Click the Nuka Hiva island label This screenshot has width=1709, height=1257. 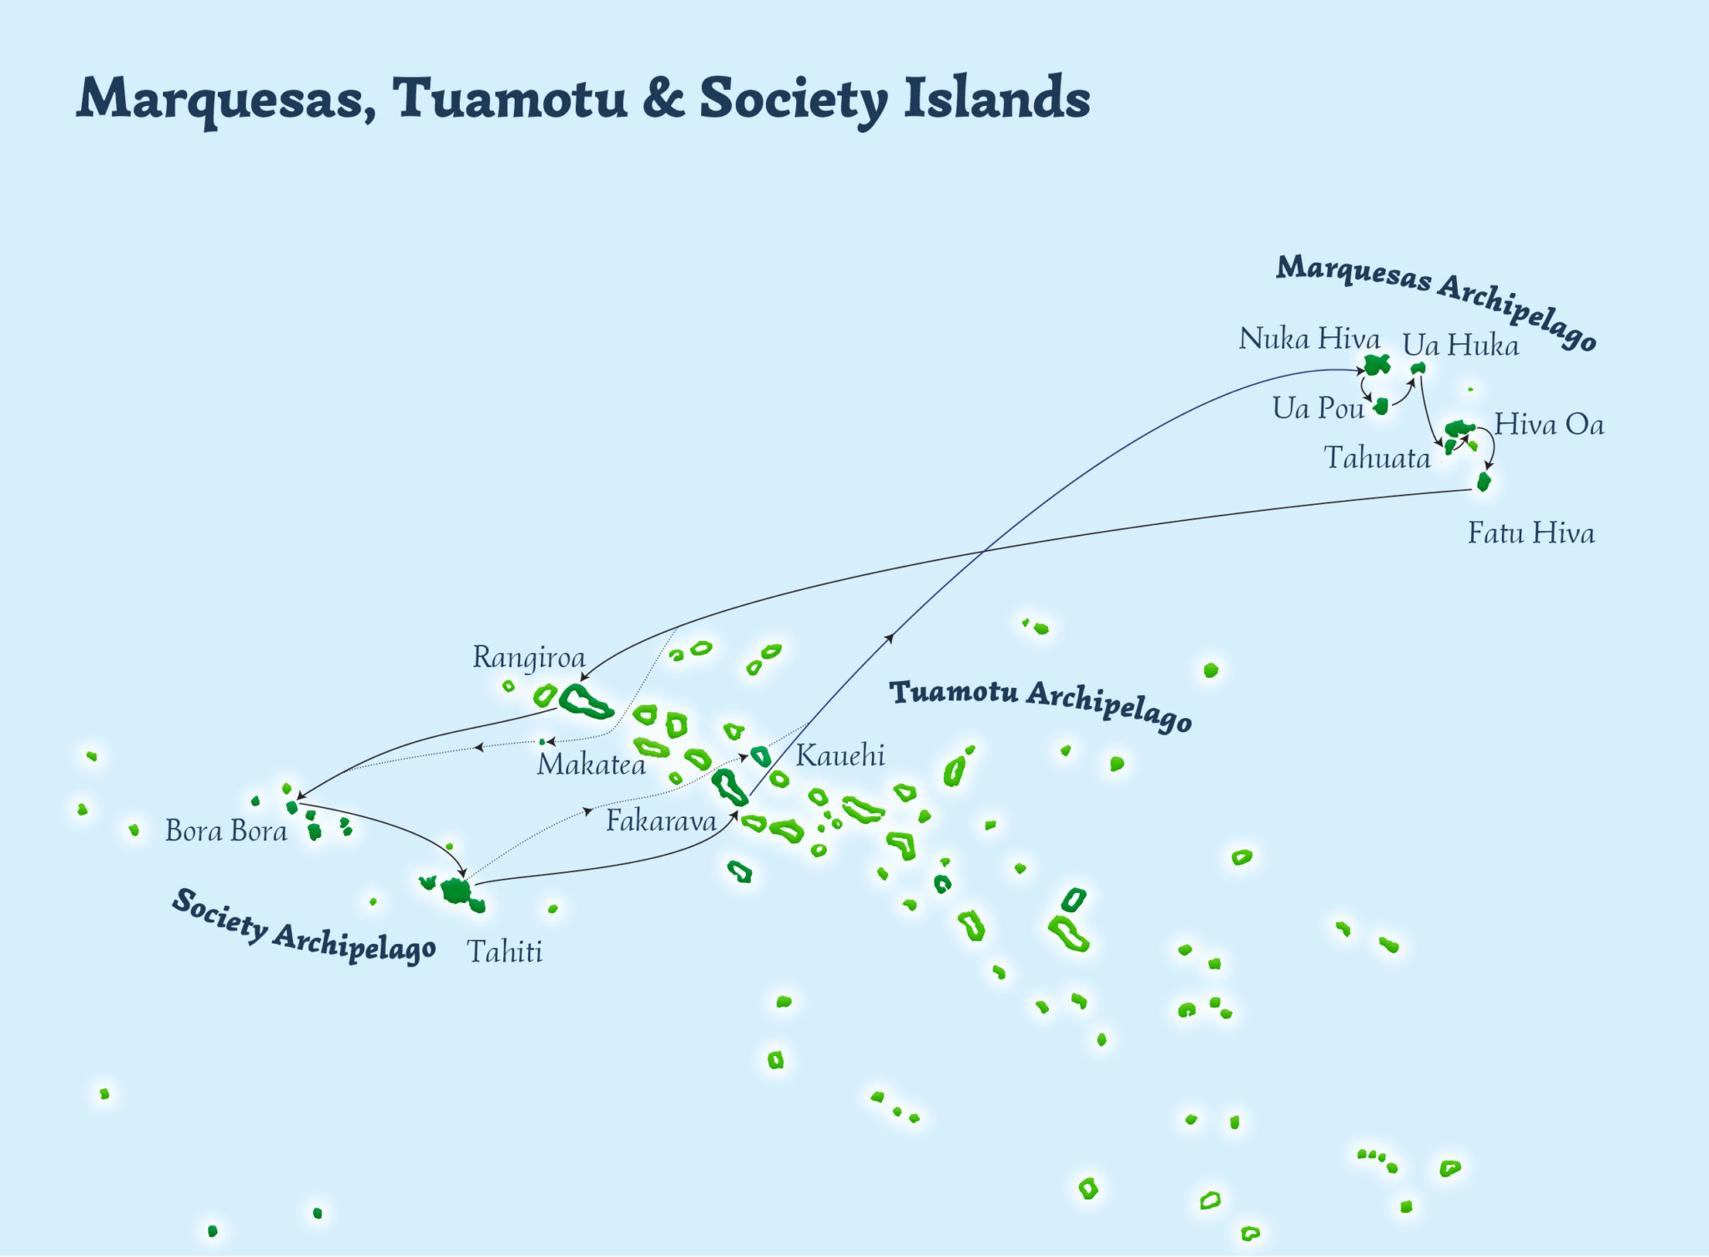pos(1308,339)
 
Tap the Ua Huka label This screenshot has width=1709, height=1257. pos(1460,346)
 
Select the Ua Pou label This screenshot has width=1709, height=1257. pos(1318,408)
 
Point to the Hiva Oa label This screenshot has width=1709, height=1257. pos(1549,425)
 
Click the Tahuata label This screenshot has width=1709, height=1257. pos(1377,458)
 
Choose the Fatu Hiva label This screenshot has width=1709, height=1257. pos(1531,533)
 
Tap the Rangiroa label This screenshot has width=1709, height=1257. pos(529,658)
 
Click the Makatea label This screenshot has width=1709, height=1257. pos(591,765)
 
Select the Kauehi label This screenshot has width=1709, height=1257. pos(839,755)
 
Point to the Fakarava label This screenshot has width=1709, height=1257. pos(661,821)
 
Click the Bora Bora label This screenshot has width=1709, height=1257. pos(226,831)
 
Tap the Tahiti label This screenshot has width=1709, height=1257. pos(505,952)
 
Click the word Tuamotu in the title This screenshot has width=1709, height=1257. pos(510,98)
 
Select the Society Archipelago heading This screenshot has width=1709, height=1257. pos(303,927)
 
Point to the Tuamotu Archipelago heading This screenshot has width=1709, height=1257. pos(1041,705)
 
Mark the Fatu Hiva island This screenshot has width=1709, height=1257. pos(1483,482)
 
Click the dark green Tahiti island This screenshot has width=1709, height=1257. pos(456,891)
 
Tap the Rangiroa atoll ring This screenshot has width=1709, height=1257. pos(586,701)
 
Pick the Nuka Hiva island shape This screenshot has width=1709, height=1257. pos(1376,365)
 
